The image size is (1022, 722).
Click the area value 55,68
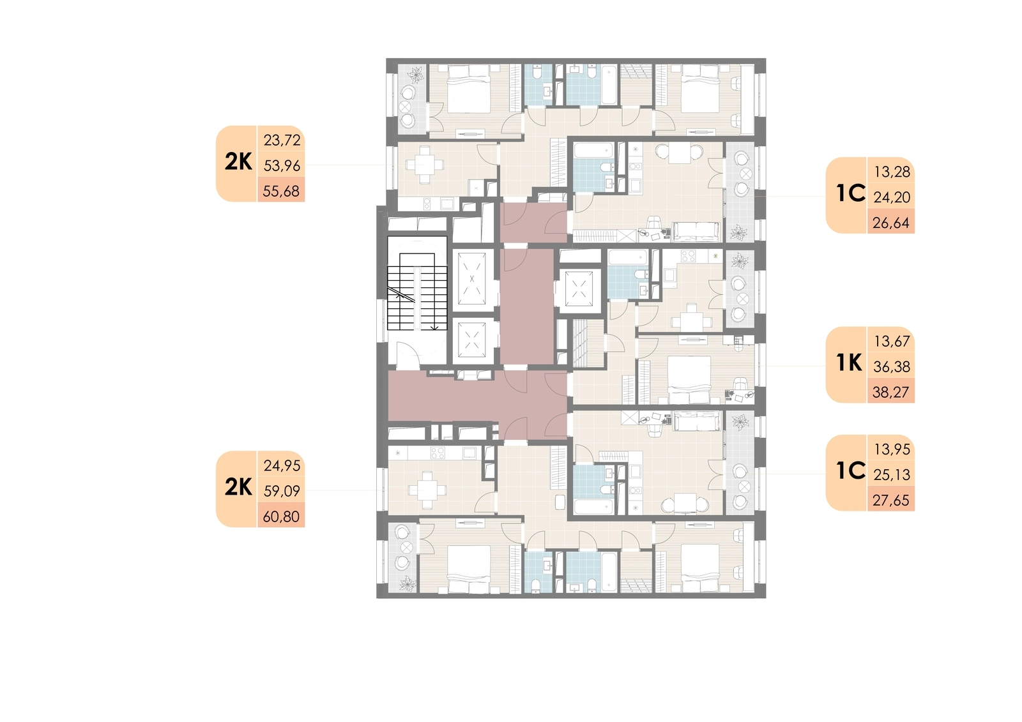[x=281, y=191]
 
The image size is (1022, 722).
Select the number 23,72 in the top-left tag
[x=282, y=140]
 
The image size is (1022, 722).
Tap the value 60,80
[x=281, y=516]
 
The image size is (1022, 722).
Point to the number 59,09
[x=282, y=491]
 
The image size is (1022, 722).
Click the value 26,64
[x=891, y=223]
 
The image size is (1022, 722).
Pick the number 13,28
[x=892, y=172]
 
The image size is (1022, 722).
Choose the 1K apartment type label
[x=849, y=363]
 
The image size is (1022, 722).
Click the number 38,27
[x=891, y=392]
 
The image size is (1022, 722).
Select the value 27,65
[x=891, y=500]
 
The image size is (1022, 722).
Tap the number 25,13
[x=892, y=475]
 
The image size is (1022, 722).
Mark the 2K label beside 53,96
[x=238, y=162]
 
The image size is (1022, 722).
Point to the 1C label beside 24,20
[x=850, y=193]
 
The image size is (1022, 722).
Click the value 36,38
[x=892, y=366]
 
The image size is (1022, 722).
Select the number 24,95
[x=282, y=465]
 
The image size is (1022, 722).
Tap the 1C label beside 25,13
[x=850, y=470]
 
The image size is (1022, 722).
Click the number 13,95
[x=892, y=449]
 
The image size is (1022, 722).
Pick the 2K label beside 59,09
[x=238, y=487]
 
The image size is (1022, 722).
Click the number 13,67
[x=892, y=341]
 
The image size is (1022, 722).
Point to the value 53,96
[x=282, y=165]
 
